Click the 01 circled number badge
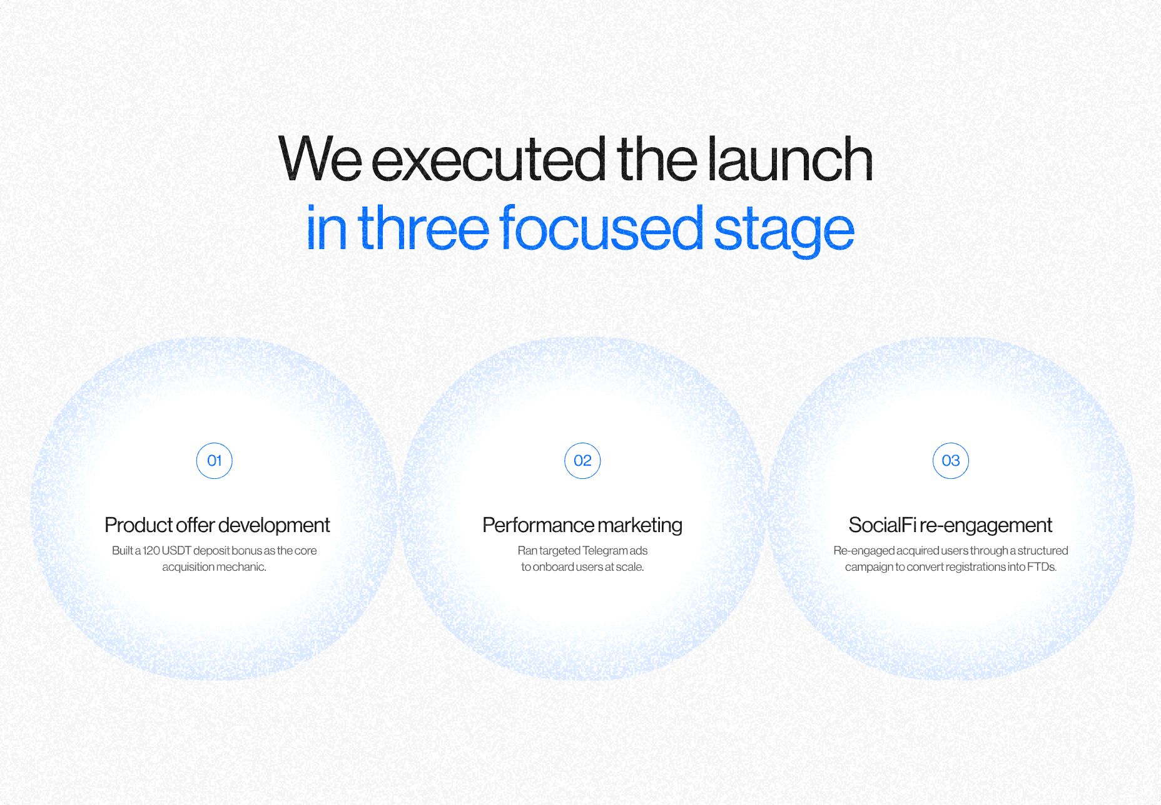[x=215, y=461]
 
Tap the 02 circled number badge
[x=582, y=461]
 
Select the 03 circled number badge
[x=951, y=461]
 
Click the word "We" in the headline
[x=320, y=159]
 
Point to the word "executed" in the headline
[x=489, y=159]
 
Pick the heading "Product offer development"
[x=217, y=525]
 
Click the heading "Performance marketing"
[x=582, y=525]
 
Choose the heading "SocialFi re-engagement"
[x=950, y=525]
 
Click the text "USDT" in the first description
[x=176, y=550]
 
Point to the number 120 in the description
[x=151, y=550]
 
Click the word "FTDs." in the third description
[x=1042, y=567]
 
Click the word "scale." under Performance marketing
[x=630, y=567]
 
